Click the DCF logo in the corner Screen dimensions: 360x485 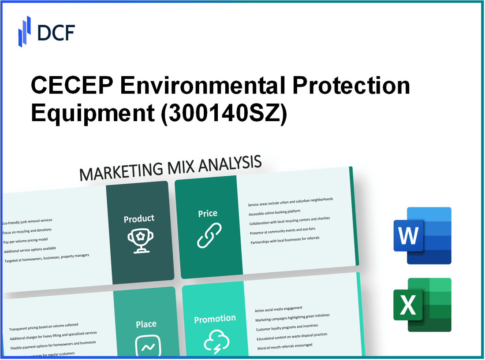pyautogui.click(x=46, y=32)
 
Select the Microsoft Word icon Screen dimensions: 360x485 pyautogui.click(x=422, y=236)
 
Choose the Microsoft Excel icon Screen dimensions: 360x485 pyautogui.click(x=422, y=305)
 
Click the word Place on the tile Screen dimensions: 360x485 pyautogui.click(x=146, y=324)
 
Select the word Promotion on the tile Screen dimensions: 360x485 pyautogui.click(x=215, y=319)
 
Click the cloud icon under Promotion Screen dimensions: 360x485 pyautogui.click(x=216, y=341)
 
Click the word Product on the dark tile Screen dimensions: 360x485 pyautogui.click(x=139, y=219)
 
